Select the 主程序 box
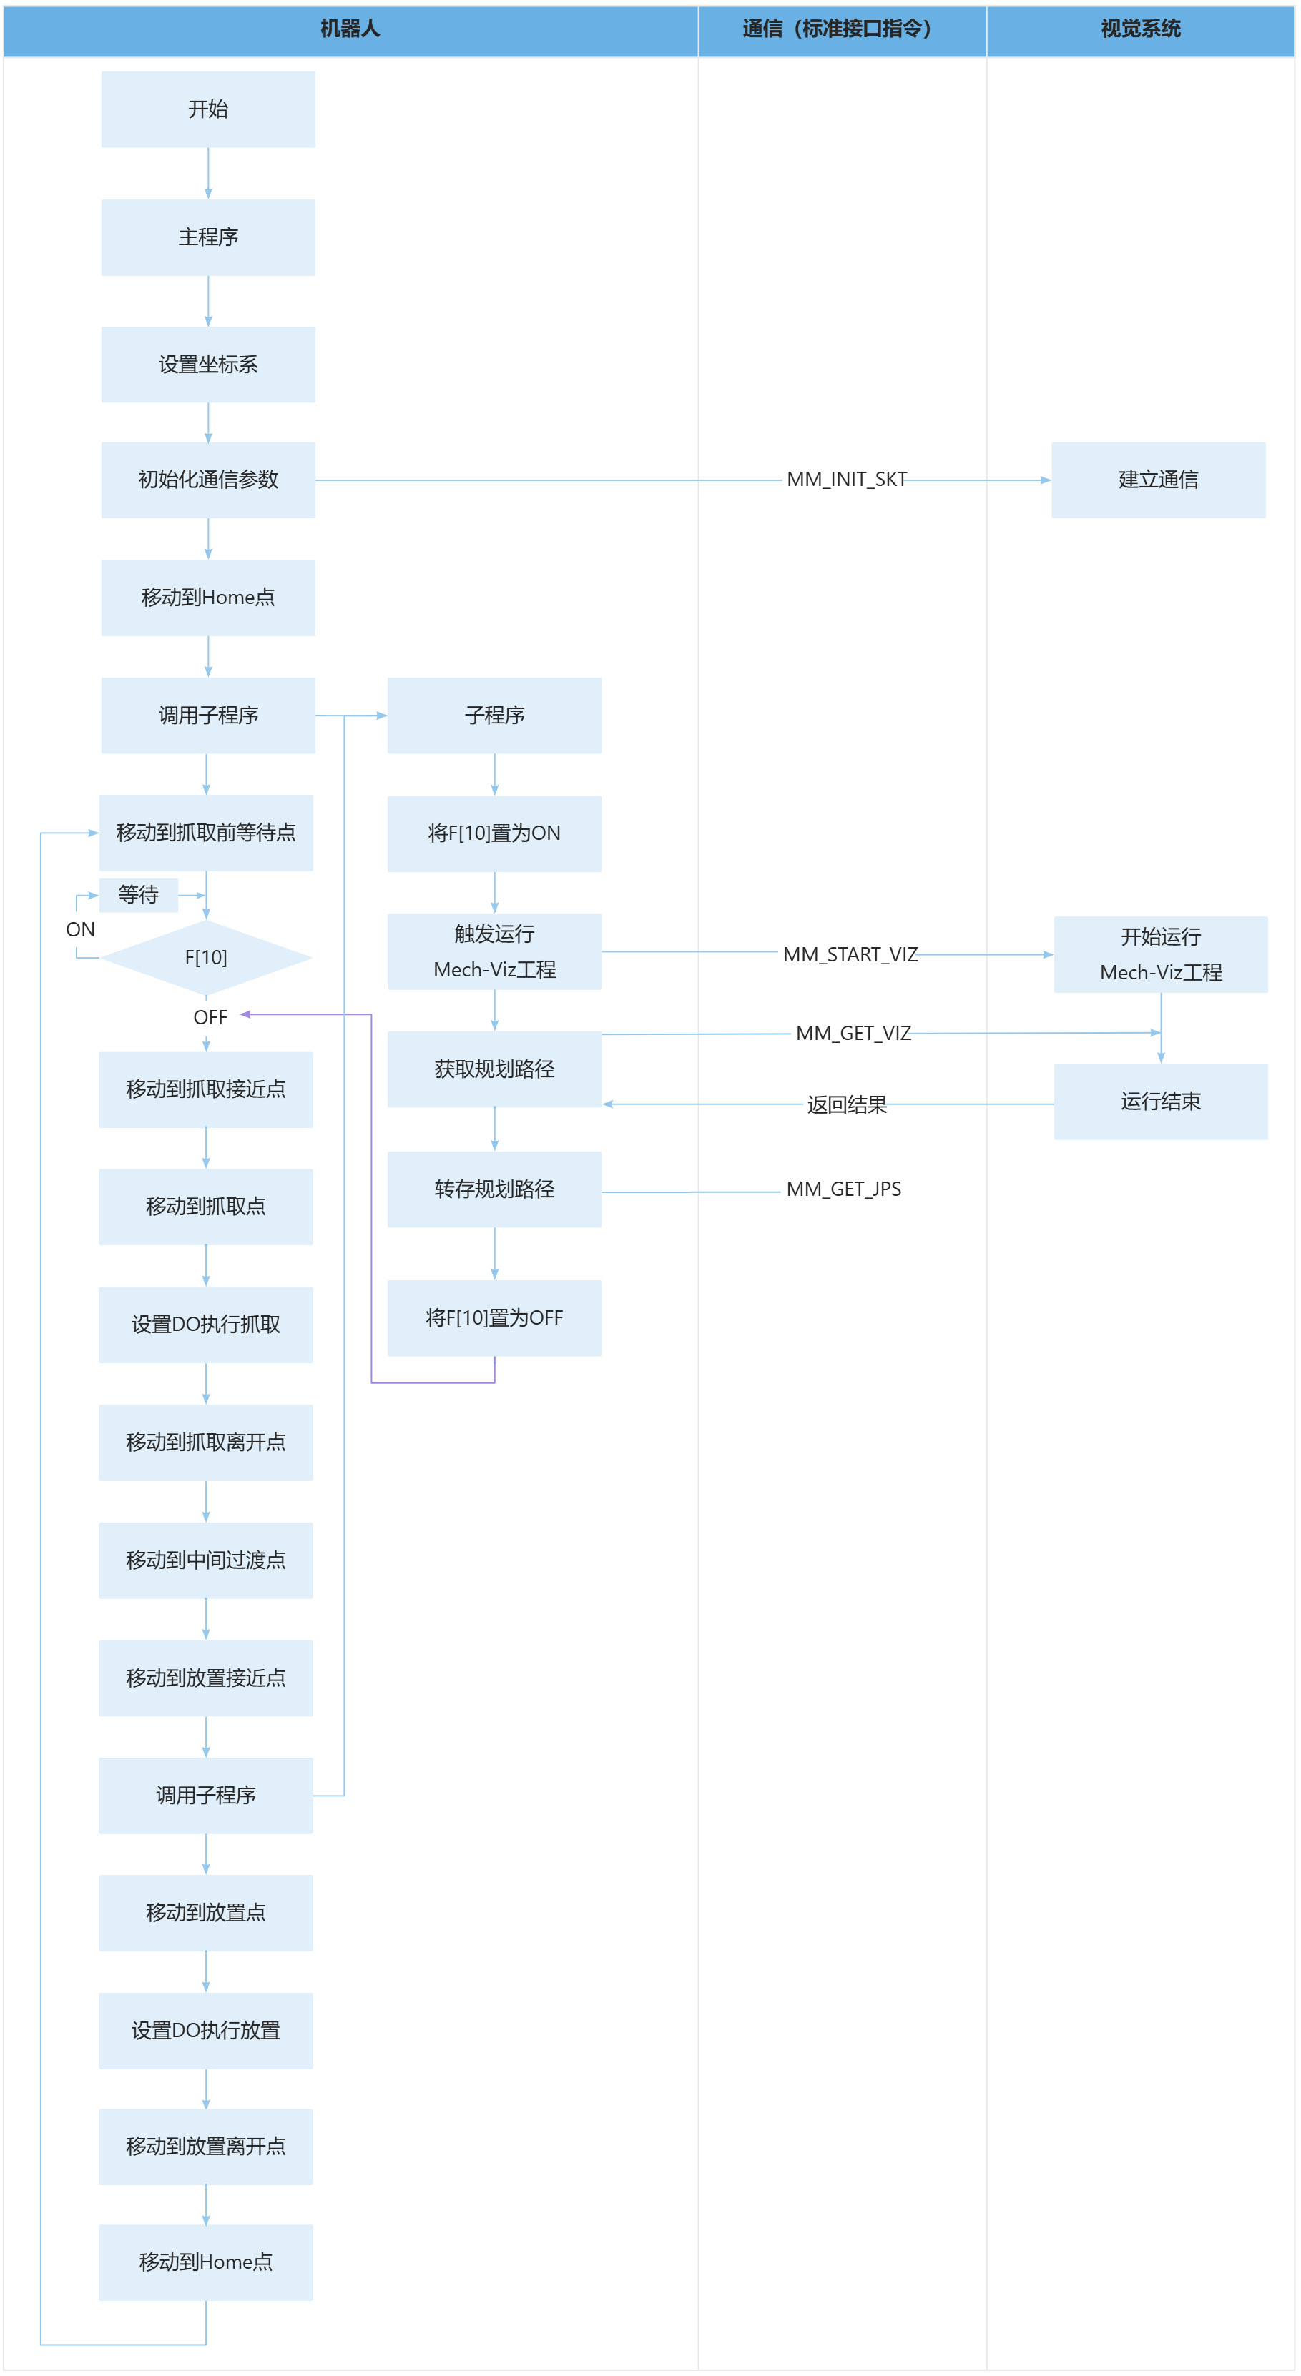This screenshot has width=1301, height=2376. [x=207, y=237]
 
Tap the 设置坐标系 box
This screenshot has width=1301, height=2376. [x=207, y=365]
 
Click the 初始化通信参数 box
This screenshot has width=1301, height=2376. [x=207, y=480]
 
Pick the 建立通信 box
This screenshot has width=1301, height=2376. [x=1158, y=480]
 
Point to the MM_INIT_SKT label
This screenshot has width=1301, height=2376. [x=846, y=480]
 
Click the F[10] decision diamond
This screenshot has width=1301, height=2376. [x=206, y=957]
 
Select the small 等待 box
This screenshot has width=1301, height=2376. [x=139, y=895]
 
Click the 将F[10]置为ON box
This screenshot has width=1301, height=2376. [x=494, y=833]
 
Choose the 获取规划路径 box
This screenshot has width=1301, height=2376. [x=494, y=1069]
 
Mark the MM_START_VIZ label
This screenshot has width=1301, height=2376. [x=850, y=955]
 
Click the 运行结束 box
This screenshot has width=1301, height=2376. [x=1161, y=1102]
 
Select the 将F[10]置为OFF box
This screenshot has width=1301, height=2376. [x=494, y=1318]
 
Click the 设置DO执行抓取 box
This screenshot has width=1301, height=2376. [x=206, y=1325]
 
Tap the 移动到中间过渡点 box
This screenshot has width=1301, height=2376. [x=206, y=1560]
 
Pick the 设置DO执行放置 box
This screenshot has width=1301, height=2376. [x=206, y=2030]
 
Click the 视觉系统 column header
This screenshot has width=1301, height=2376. [x=1141, y=29]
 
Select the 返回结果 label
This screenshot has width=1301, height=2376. [x=846, y=1105]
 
